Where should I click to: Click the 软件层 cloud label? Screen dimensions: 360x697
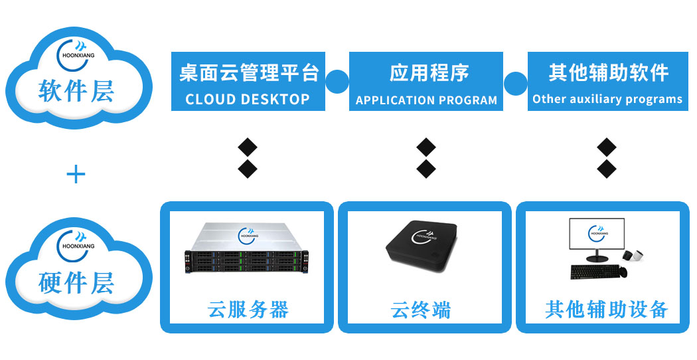(76, 91)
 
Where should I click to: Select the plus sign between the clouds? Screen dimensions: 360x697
(76, 175)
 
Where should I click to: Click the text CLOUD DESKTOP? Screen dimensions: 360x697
(248, 100)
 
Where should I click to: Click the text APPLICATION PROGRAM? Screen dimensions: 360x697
(426, 100)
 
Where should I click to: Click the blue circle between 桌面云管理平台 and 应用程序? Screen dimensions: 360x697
(337, 82)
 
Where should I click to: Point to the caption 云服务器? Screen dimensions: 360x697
(248, 310)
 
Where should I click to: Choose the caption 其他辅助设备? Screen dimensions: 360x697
(606, 310)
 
